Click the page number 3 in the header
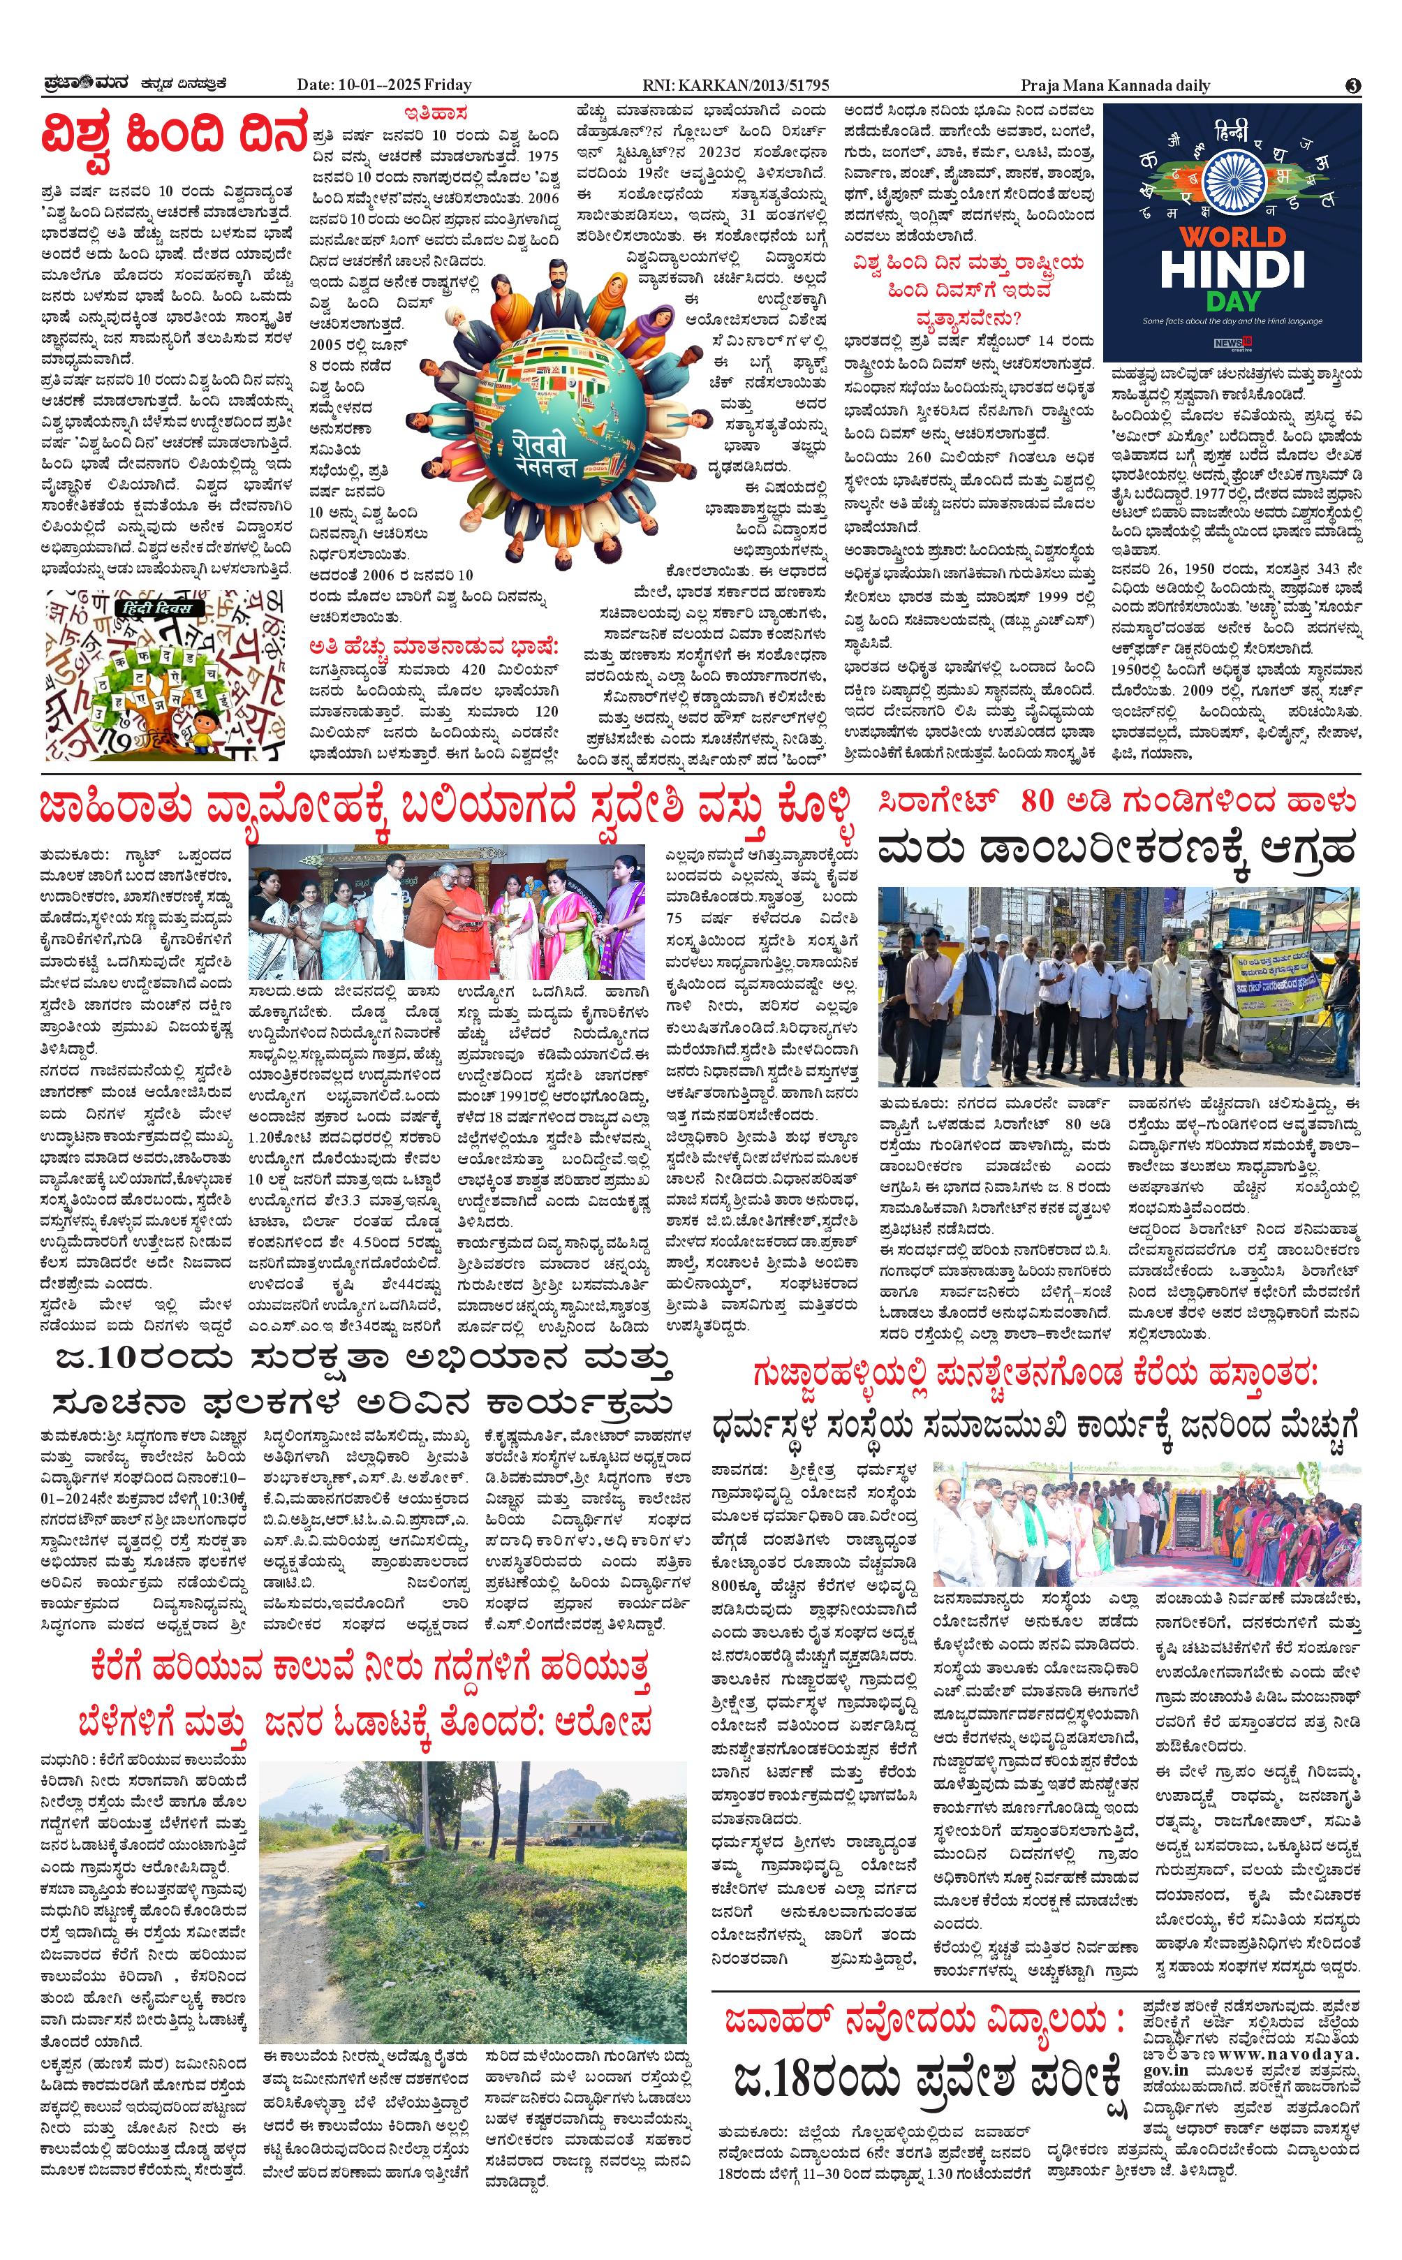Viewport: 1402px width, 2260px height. tap(1353, 85)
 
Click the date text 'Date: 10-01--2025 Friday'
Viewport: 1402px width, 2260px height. tap(384, 85)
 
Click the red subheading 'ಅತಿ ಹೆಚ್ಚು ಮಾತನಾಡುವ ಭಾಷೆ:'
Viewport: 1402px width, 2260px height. tap(435, 645)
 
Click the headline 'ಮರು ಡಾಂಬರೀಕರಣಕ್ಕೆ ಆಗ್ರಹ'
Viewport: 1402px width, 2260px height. tap(1116, 849)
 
